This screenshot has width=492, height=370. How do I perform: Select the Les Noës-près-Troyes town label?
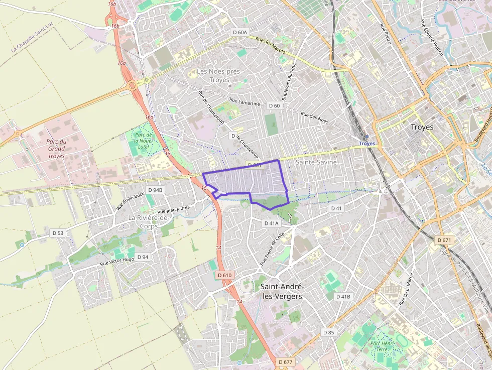[x=219, y=76]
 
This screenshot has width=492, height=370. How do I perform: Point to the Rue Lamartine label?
[x=245, y=102]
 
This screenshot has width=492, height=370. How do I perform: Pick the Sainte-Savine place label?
[x=316, y=163]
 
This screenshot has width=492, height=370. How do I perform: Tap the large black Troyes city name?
[x=422, y=127]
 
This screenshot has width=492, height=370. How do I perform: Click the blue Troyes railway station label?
[x=367, y=144]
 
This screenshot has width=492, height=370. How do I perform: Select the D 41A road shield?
[x=271, y=223]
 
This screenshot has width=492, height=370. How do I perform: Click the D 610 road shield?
[x=225, y=275]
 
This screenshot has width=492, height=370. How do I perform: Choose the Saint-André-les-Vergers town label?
[x=283, y=291]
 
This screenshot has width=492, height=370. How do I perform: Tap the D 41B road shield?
[x=343, y=297]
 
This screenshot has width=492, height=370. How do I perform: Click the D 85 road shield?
[x=328, y=332]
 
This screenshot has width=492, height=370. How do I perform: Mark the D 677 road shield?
[x=285, y=362]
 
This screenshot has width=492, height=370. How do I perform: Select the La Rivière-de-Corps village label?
[x=150, y=222]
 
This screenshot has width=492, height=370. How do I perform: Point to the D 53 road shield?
[x=58, y=233]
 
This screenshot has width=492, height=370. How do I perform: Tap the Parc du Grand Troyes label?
[x=56, y=149]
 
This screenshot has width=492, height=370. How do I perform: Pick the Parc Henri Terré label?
[x=379, y=346]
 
